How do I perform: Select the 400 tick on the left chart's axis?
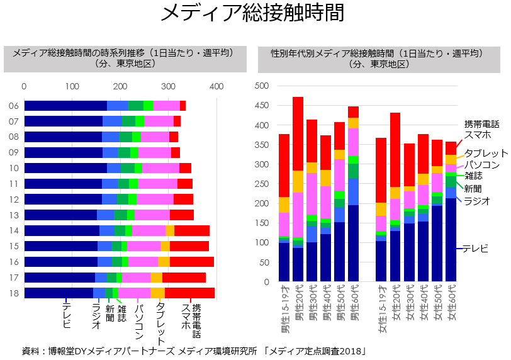pos(216,86)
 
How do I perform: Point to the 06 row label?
pos(13,106)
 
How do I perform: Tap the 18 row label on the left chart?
pos(13,293)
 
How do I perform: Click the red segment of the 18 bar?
pos(189,293)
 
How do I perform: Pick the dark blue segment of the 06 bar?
pos(65,106)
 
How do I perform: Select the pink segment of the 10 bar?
pos(160,168)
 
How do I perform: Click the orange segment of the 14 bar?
pos(170,230)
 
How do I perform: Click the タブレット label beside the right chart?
pos(486,154)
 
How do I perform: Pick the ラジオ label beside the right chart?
pos(476,201)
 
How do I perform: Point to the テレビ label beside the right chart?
pos(475,249)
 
